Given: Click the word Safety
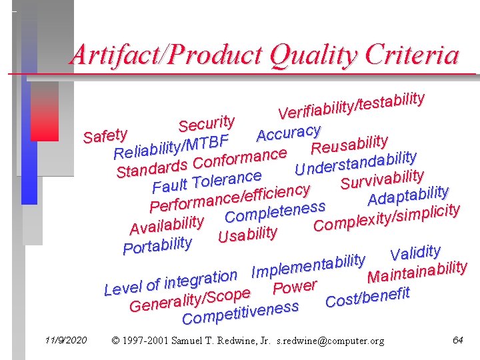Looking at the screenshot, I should pos(105,135).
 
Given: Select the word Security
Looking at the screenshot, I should pos(207,123).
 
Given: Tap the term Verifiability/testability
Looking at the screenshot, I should pos(351,105).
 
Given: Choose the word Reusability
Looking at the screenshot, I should pos(350,143).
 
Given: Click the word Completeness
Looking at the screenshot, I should pos(275,213).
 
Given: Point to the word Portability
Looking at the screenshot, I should pos(158,245).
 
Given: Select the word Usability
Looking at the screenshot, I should pos(247,235).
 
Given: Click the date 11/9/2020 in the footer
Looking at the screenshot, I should pos(62,341).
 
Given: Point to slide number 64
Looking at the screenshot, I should pos(457,340).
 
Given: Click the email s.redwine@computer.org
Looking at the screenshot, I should pos(331,341).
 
